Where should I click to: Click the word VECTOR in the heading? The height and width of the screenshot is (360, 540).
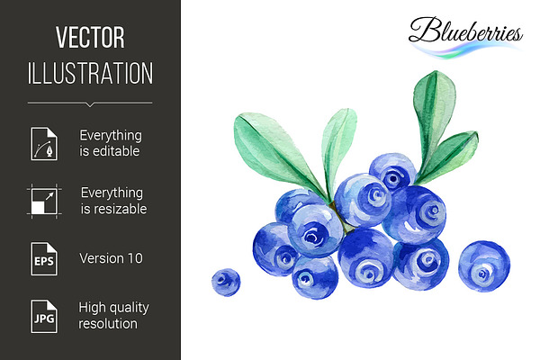(90, 38)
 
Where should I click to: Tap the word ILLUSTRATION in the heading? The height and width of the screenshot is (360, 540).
(90, 73)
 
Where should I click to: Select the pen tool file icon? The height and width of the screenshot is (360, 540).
(44, 144)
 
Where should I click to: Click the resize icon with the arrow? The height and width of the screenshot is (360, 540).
(44, 202)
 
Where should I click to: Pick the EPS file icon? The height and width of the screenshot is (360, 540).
(44, 258)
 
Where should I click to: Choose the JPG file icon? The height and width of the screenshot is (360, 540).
(44, 316)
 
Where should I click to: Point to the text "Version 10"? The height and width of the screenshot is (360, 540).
(111, 258)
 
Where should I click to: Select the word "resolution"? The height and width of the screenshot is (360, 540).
(108, 324)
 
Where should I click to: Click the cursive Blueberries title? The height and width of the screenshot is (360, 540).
(465, 31)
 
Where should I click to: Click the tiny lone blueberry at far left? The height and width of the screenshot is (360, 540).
(226, 282)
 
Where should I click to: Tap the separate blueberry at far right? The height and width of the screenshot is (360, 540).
(484, 266)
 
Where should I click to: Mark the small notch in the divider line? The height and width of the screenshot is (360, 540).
(90, 104)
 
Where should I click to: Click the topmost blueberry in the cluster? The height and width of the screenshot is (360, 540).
(393, 172)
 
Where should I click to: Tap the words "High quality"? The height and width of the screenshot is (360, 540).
(113, 308)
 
